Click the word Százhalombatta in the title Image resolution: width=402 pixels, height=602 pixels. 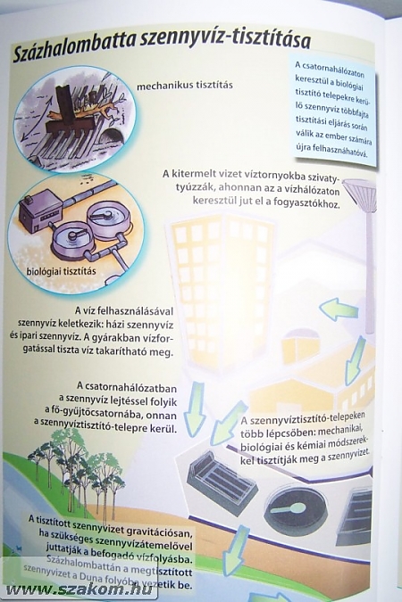74,48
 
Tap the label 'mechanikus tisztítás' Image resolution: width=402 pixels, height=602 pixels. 185,85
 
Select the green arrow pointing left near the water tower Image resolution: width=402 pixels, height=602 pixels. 339,309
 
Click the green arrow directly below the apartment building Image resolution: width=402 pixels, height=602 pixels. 196,408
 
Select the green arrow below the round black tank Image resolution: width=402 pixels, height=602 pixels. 236,550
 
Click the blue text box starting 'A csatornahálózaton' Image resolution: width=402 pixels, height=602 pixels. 332,111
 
